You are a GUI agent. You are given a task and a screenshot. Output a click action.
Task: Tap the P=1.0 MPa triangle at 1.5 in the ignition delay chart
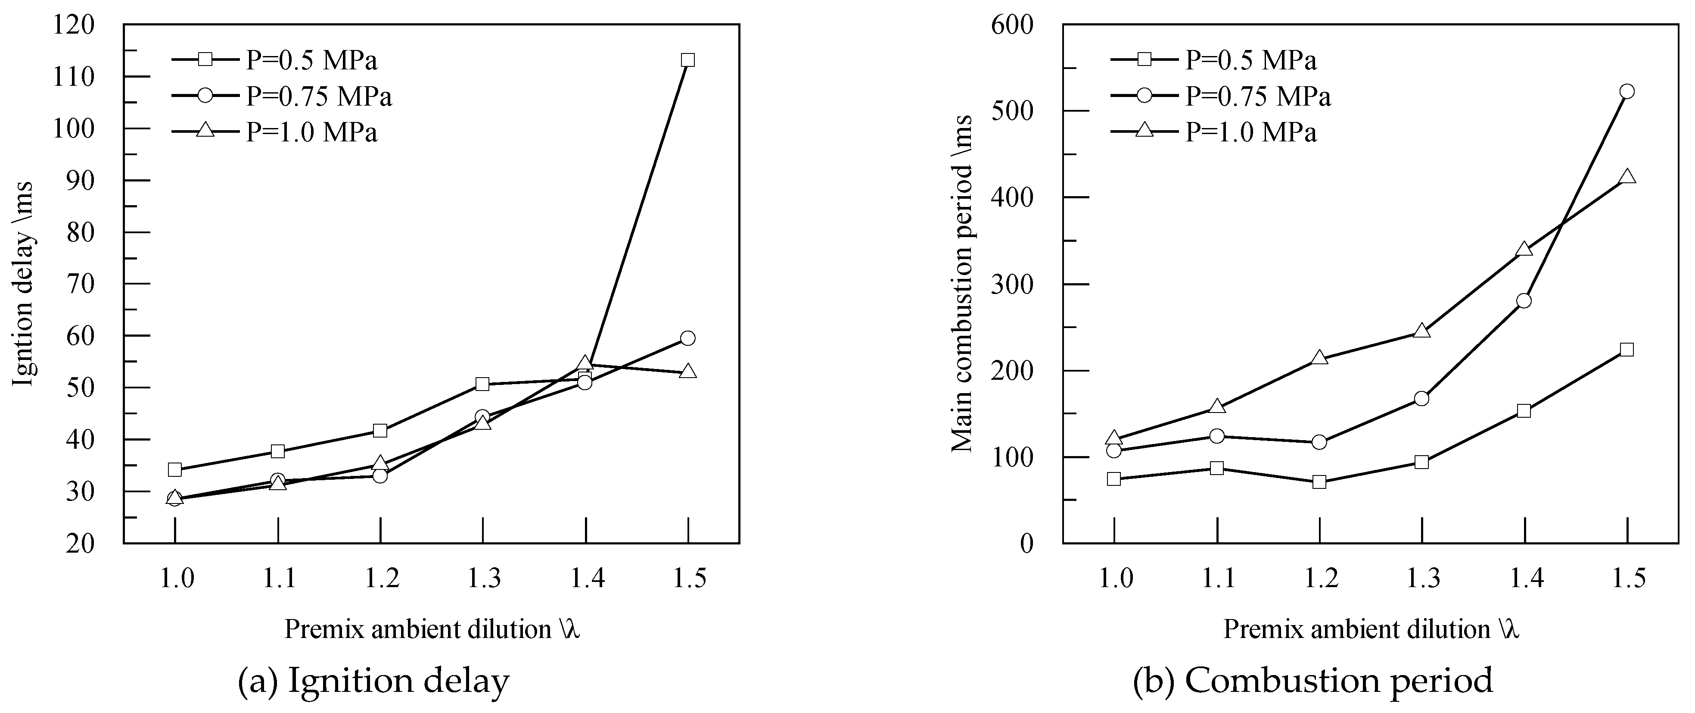(687, 371)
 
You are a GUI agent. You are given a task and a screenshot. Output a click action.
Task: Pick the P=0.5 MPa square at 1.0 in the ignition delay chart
(175, 469)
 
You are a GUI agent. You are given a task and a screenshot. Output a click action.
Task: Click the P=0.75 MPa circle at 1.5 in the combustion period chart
(1627, 91)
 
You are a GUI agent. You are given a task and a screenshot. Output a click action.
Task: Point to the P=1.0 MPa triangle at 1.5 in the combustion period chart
(1627, 177)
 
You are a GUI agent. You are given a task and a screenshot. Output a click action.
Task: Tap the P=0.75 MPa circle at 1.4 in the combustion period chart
(1524, 301)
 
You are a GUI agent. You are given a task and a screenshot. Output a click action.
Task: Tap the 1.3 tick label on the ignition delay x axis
(484, 579)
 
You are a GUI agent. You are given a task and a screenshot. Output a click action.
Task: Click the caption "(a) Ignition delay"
(373, 680)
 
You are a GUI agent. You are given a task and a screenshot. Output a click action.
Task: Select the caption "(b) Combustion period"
(1312, 680)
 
